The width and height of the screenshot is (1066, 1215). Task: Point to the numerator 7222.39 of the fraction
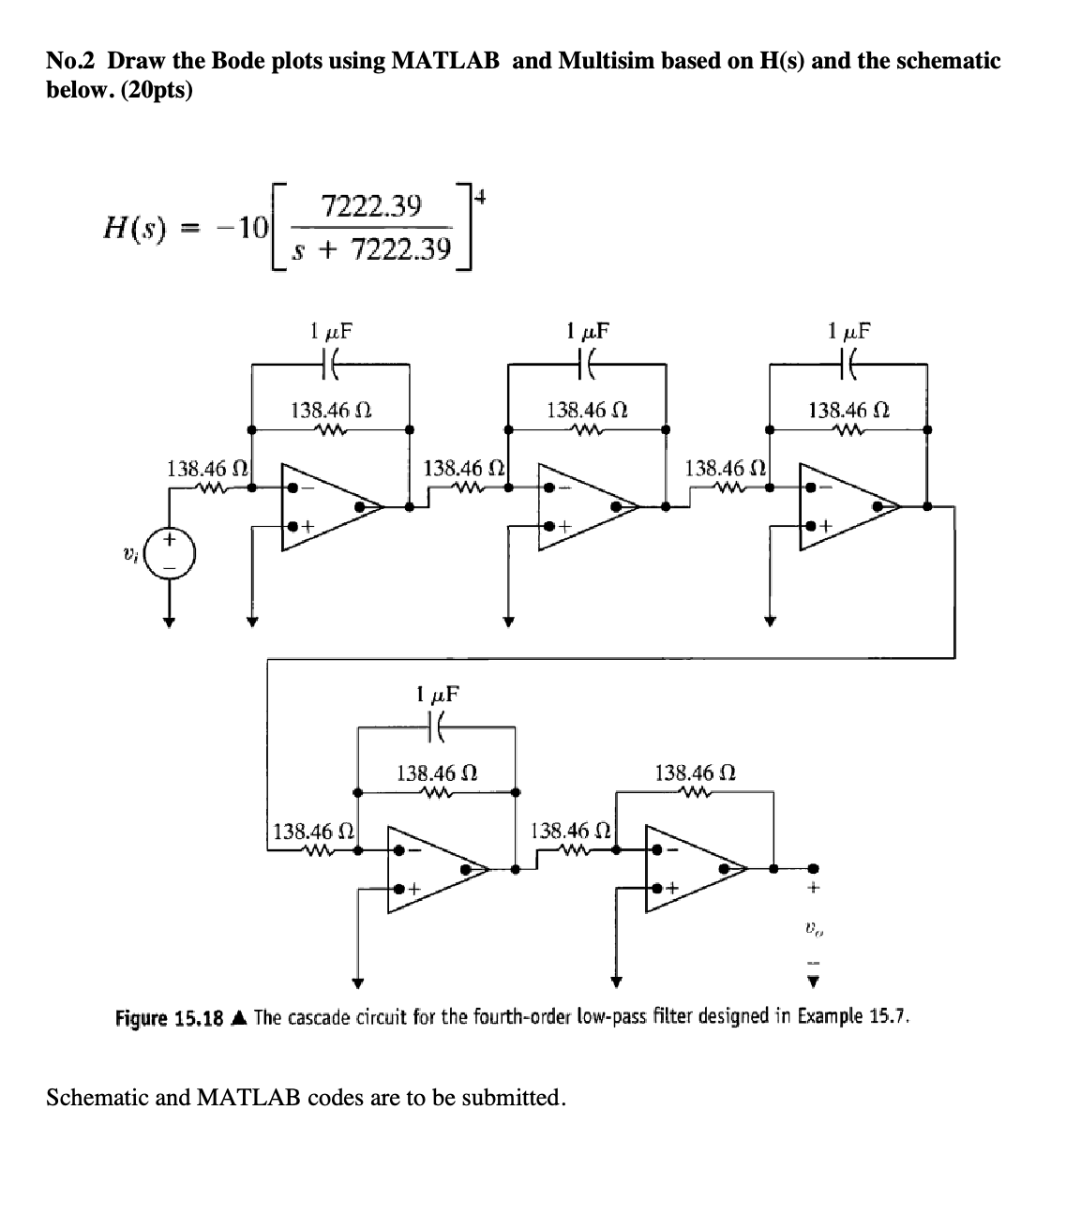(371, 205)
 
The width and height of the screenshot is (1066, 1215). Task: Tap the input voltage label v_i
(132, 555)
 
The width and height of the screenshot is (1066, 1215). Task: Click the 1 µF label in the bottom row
(437, 696)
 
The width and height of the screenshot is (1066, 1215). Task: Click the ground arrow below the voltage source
(170, 620)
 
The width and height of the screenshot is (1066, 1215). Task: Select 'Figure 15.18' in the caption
(172, 1017)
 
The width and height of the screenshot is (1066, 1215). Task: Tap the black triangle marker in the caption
(240, 1017)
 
